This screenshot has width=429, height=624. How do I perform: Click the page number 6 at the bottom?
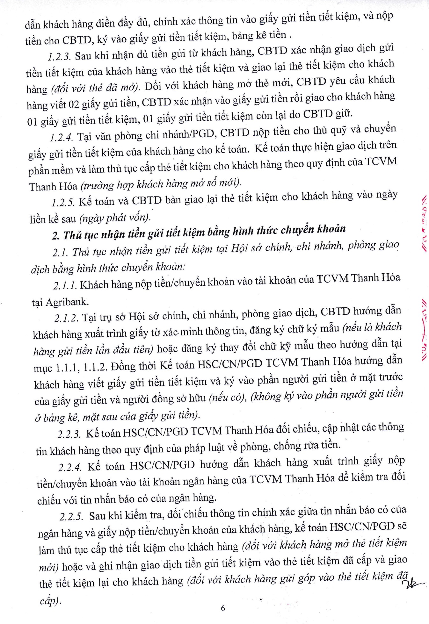click(x=223, y=608)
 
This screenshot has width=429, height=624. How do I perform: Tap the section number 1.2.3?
click(x=60, y=56)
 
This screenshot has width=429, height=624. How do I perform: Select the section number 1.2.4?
click(x=62, y=137)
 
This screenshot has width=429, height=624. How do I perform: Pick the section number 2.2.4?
click(x=69, y=467)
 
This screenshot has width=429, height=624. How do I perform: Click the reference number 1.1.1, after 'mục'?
click(x=67, y=368)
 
